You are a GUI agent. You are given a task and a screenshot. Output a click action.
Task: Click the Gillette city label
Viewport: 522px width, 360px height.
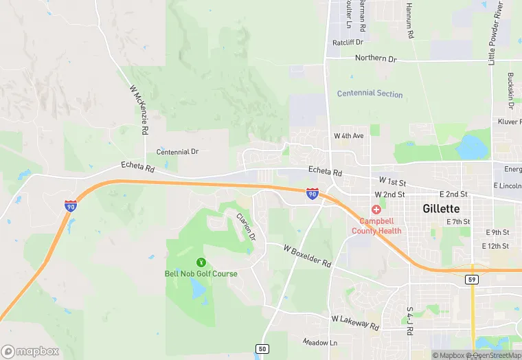point(442,208)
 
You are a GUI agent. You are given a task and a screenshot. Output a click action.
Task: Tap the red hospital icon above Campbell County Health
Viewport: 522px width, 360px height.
point(376,209)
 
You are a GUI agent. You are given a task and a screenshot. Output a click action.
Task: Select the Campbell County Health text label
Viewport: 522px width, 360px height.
point(376,226)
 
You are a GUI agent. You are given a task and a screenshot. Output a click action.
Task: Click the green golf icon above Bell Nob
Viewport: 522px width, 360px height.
point(201,261)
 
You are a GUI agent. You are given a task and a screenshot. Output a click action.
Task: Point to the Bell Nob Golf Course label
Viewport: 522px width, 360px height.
point(201,273)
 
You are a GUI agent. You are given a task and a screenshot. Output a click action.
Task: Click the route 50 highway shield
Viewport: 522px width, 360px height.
point(262,349)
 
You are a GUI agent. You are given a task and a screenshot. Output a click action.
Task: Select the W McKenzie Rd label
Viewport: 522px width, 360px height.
point(140,110)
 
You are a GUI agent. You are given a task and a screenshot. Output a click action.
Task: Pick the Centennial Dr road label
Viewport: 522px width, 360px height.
point(177,151)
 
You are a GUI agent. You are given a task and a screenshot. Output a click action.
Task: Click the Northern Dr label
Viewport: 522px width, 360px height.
point(376,58)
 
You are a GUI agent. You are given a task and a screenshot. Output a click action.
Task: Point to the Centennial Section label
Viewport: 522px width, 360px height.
point(370,93)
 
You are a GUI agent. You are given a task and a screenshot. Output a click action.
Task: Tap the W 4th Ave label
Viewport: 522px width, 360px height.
point(348,136)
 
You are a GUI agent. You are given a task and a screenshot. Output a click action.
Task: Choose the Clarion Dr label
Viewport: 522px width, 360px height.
point(246,226)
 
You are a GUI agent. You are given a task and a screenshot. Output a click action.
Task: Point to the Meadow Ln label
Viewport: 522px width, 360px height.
point(320,342)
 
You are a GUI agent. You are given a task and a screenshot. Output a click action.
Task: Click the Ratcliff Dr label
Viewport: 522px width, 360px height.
point(347,43)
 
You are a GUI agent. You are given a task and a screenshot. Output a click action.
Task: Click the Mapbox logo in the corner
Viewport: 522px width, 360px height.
point(30,351)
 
